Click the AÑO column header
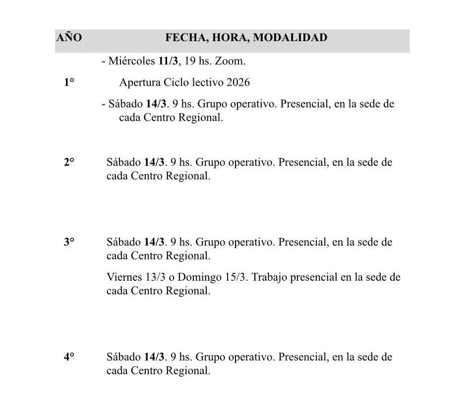tap(69, 38)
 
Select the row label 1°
tap(68, 83)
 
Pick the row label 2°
tap(68, 162)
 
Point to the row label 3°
tap(68, 243)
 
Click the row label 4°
tap(68, 357)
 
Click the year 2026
tap(238, 83)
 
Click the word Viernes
tap(123, 277)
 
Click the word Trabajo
tap(270, 277)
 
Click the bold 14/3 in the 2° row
tap(154, 162)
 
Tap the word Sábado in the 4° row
tap(123, 357)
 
